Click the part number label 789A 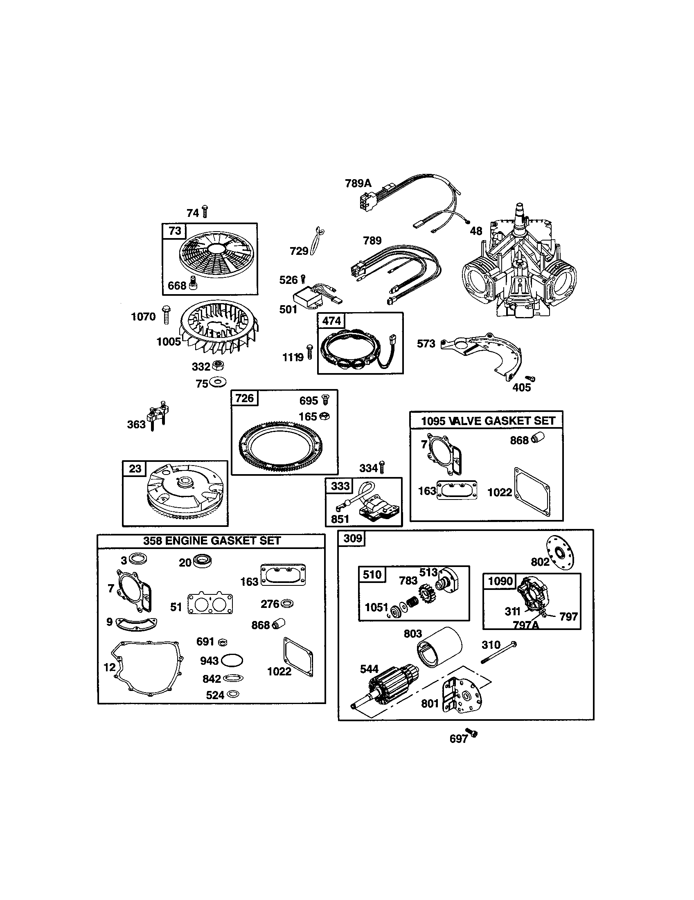click(x=358, y=183)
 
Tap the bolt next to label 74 click(x=205, y=211)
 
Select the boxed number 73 click(x=175, y=231)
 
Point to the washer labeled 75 click(x=217, y=382)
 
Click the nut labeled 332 click(x=217, y=365)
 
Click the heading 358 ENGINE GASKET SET click(x=212, y=541)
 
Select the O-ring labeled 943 click(x=232, y=661)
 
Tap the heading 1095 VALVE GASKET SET click(x=487, y=421)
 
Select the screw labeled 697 click(x=473, y=733)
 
